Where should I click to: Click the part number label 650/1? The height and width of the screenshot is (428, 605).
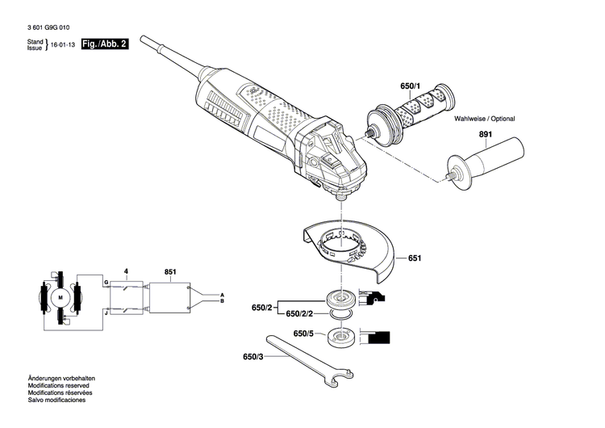coord(409,86)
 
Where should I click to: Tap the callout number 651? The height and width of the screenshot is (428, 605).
coord(415,258)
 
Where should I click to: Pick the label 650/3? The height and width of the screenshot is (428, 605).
coord(253,356)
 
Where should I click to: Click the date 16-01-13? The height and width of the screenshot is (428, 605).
coord(66,48)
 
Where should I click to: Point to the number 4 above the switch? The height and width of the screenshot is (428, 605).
coord(125,271)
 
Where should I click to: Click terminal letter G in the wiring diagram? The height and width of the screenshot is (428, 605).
coord(105,282)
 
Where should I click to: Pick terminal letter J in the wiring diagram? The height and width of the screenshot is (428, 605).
coord(105,309)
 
